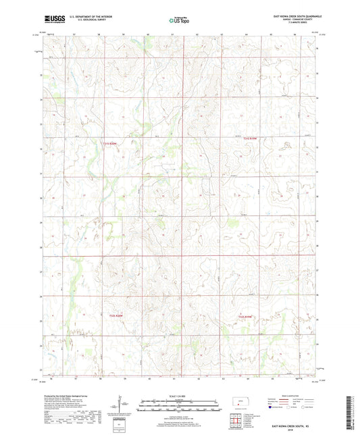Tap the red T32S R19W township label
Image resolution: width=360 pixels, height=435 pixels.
point(251,138)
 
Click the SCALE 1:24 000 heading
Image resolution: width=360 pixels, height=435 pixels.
point(179,396)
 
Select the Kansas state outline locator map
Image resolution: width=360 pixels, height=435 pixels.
point(240,403)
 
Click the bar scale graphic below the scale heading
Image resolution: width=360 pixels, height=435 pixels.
point(179,405)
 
